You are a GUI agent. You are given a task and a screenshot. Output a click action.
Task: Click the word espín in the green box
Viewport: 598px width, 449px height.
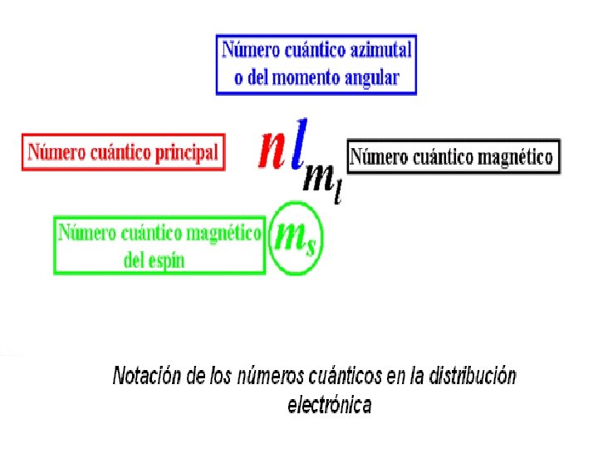tap(165, 259)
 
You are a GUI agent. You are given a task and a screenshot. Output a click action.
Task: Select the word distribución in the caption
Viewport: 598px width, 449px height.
tap(471, 377)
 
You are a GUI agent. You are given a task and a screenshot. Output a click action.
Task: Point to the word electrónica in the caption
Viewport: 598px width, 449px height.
tap(330, 406)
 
